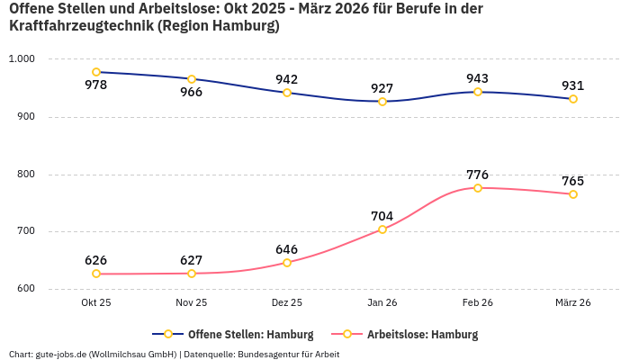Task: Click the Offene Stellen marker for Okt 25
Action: click(96, 72)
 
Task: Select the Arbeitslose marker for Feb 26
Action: click(478, 188)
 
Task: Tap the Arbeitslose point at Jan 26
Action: click(382, 229)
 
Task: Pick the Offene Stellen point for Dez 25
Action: click(287, 93)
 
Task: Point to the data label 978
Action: click(96, 85)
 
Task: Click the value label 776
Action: click(478, 175)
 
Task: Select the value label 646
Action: click(287, 249)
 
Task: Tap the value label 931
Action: click(573, 86)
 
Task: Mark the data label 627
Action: click(192, 260)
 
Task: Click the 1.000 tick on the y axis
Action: click(21, 59)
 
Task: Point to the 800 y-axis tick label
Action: click(25, 175)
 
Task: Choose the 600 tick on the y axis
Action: click(25, 289)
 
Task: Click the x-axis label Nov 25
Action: click(192, 303)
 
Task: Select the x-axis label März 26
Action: click(573, 303)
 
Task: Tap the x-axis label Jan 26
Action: click(382, 303)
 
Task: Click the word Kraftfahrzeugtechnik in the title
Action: click(80, 26)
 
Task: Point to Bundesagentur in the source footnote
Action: click(270, 355)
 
